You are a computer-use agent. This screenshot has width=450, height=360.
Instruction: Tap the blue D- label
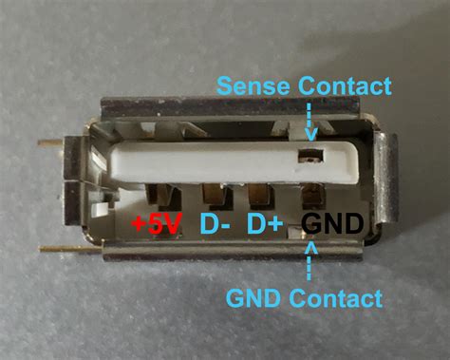click(216, 225)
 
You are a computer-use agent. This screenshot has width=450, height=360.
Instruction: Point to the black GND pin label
click(331, 225)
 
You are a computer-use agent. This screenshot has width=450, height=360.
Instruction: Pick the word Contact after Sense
click(346, 86)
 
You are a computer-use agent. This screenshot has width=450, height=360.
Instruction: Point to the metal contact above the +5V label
click(169, 198)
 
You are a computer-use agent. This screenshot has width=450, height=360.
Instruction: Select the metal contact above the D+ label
click(262, 198)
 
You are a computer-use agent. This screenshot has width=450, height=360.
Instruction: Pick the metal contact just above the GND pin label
click(310, 198)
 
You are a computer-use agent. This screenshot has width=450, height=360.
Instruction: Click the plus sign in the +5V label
click(140, 226)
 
